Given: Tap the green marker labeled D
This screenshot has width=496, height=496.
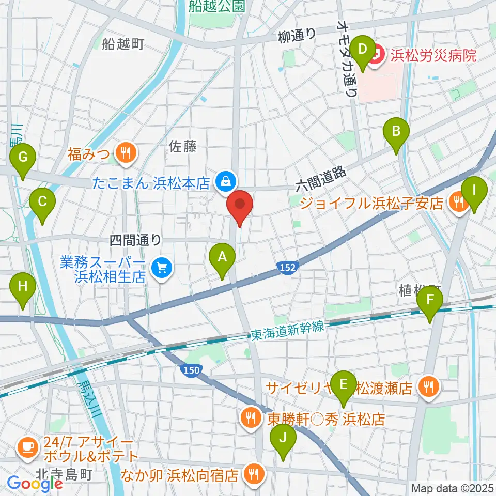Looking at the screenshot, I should [x=363, y=50].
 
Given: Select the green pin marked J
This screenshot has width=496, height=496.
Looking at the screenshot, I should [x=283, y=438].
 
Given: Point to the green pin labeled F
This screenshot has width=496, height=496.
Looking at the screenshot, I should [x=430, y=300].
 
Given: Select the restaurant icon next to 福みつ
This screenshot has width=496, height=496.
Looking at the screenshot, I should [x=125, y=152].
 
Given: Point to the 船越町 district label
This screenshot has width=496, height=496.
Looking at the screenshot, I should [x=123, y=44].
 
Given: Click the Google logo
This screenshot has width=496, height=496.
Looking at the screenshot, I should [x=35, y=484].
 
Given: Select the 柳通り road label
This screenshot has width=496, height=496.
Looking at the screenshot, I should [x=297, y=35].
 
